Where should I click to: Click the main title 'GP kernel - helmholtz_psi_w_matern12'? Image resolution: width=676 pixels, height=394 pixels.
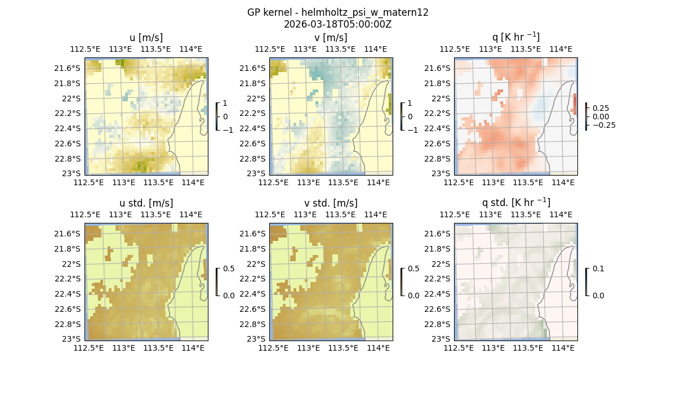pyautogui.click(x=337, y=12)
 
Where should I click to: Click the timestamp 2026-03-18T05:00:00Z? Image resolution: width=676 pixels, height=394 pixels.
pyautogui.click(x=337, y=24)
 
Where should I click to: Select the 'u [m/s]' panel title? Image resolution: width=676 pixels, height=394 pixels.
pyautogui.click(x=146, y=38)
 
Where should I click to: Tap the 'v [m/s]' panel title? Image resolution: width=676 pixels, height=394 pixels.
pyautogui.click(x=331, y=38)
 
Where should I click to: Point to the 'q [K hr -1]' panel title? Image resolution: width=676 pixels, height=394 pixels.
pyautogui.click(x=515, y=38)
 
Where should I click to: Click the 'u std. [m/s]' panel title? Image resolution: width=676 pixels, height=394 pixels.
pyautogui.click(x=146, y=203)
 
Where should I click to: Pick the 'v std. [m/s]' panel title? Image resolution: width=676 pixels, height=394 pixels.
pyautogui.click(x=331, y=203)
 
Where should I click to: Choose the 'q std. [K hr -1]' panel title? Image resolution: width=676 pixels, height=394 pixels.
pyautogui.click(x=515, y=203)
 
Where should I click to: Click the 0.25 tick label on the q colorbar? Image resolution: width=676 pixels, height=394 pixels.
pyautogui.click(x=601, y=108)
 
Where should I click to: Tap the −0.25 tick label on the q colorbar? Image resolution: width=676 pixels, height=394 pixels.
pyautogui.click(x=603, y=125)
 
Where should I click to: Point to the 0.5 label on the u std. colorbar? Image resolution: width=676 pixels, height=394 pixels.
pyautogui.click(x=229, y=269)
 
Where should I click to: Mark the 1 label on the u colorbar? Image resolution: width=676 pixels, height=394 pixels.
pyautogui.click(x=225, y=104)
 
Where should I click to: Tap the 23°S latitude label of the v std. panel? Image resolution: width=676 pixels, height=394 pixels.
pyautogui.click(x=259, y=339)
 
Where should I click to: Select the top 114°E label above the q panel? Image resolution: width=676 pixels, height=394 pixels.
pyautogui.click(x=563, y=49)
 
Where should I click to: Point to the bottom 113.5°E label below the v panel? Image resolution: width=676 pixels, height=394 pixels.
pyautogui.click(x=343, y=182)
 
